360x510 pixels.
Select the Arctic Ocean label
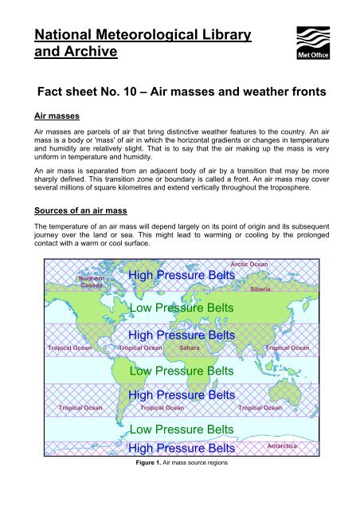click(x=248, y=263)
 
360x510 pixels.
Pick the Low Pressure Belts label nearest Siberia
click(x=181, y=307)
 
